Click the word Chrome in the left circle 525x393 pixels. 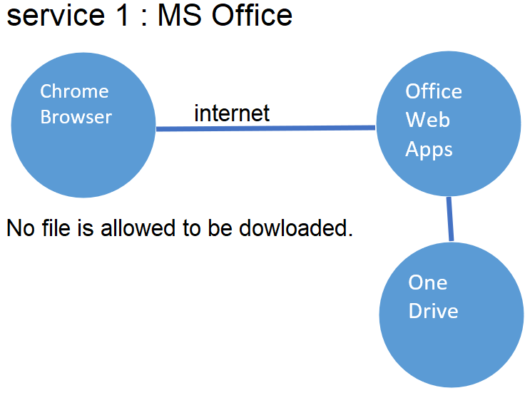coord(74,91)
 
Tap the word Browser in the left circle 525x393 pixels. coord(76,117)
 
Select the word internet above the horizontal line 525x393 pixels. coord(232,113)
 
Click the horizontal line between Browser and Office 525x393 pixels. coord(265,128)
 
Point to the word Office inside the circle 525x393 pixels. coord(434,91)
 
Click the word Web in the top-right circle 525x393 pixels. coord(427,120)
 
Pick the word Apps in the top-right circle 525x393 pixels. coord(429,150)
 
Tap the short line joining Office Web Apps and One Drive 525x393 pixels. coord(450,219)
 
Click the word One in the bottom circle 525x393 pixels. coord(427,282)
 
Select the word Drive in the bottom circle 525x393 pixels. coord(433,311)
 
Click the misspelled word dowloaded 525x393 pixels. coord(296,228)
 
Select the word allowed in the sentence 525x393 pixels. coord(138,228)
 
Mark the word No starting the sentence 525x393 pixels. coord(21,228)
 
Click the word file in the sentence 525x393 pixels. coord(56,228)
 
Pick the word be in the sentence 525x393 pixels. coord(220,228)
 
